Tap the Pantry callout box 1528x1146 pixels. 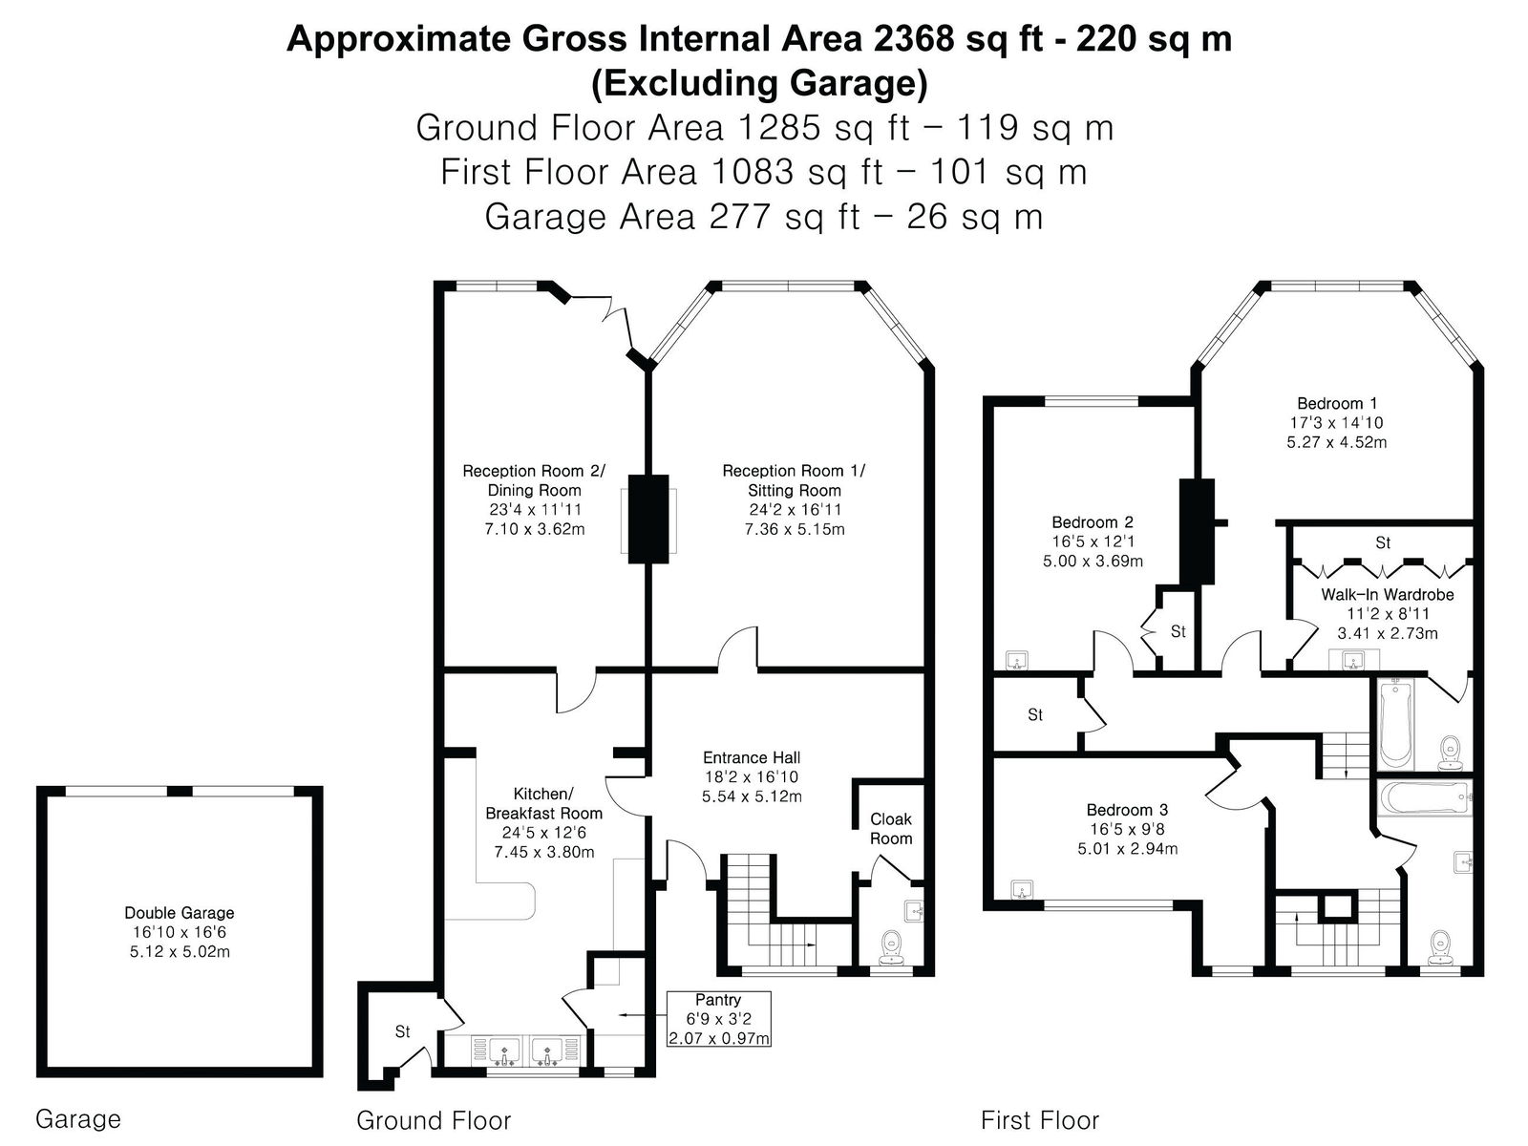pyautogui.click(x=718, y=1019)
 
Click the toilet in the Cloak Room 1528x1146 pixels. pyautogui.click(x=891, y=948)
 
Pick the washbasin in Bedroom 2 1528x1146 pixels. pyautogui.click(x=1018, y=660)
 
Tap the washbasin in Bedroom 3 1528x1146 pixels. pyautogui.click(x=1021, y=889)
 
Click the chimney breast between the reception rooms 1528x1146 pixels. pyautogui.click(x=648, y=520)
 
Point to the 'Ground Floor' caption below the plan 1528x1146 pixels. pyautogui.click(x=434, y=1120)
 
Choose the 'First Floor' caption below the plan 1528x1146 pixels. pyautogui.click(x=1040, y=1120)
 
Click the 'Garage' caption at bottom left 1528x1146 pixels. pyautogui.click(x=78, y=1119)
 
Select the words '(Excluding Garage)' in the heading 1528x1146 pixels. pyautogui.click(x=759, y=83)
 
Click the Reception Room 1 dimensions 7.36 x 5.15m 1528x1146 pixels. pyautogui.click(x=795, y=529)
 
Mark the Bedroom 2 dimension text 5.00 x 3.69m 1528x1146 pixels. pyautogui.click(x=1093, y=561)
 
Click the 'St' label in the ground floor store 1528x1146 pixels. pyautogui.click(x=402, y=1031)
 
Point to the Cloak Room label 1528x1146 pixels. pyautogui.click(x=891, y=829)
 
